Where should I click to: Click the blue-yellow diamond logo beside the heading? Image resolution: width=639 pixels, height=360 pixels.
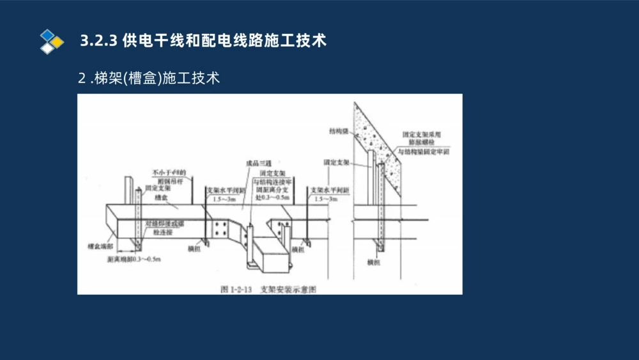point(52,41)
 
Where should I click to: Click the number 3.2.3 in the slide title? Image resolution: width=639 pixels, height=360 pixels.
point(98,41)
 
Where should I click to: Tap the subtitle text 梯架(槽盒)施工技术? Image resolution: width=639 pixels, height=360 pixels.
point(157,79)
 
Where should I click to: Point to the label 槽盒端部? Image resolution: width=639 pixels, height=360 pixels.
point(100,246)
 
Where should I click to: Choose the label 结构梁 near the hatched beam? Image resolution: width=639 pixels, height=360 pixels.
point(338,130)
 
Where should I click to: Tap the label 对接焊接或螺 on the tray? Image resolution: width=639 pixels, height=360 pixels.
point(165,224)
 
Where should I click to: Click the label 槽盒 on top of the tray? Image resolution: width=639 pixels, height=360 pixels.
point(160,198)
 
